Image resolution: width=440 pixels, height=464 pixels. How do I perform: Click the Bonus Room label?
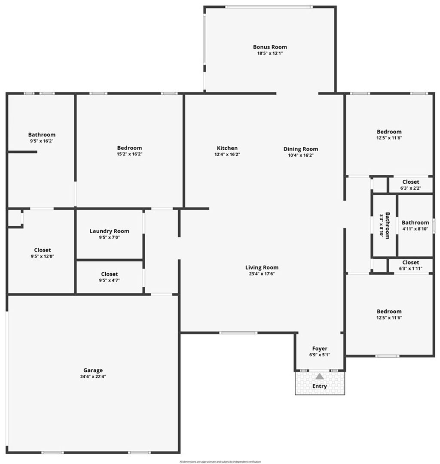pos(270,47)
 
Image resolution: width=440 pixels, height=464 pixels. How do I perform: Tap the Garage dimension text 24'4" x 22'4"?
pos(93,376)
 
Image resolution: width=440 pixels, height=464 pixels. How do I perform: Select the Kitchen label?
pos(227,148)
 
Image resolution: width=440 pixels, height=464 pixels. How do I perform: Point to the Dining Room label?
pos(300,149)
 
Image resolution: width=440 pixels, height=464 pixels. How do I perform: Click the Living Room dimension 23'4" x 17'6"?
pos(262,273)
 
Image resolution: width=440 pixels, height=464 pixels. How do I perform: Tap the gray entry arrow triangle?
pos(319,376)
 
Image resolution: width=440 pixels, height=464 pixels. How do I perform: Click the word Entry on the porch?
pos(319,386)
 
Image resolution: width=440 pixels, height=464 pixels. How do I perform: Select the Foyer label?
pos(319,349)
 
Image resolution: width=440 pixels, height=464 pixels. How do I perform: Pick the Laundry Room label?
pos(109,231)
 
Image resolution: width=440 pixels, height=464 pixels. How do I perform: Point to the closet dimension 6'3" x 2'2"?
pos(410,188)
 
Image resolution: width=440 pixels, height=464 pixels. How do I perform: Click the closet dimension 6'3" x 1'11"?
pos(410,269)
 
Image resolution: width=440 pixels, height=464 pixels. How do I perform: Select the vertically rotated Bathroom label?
pos(387,225)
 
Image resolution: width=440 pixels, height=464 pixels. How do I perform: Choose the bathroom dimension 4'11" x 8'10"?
pos(415,229)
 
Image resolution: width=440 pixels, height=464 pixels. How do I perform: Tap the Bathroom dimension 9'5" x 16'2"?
pos(42,141)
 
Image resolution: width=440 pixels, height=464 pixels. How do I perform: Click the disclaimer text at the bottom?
pos(220,461)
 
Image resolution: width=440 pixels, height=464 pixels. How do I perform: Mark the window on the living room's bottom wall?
pos(238,333)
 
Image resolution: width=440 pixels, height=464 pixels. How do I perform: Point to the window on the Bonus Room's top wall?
pos(269,7)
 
